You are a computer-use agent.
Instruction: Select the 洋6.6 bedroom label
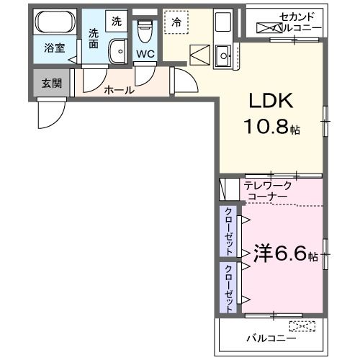280,254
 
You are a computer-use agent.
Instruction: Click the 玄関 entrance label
51,83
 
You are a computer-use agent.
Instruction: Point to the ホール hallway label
119,90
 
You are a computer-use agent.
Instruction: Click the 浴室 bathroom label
55,49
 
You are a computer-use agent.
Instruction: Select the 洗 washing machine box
116,21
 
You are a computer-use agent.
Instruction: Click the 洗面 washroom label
94,37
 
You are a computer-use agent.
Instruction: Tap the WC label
145,53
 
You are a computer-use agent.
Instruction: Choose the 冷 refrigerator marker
176,22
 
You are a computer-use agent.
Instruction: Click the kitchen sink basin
223,53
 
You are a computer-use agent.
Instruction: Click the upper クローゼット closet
228,231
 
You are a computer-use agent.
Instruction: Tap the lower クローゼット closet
228,287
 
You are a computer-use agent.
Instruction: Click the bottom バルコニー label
271,338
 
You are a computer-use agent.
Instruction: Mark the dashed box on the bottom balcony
302,325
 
